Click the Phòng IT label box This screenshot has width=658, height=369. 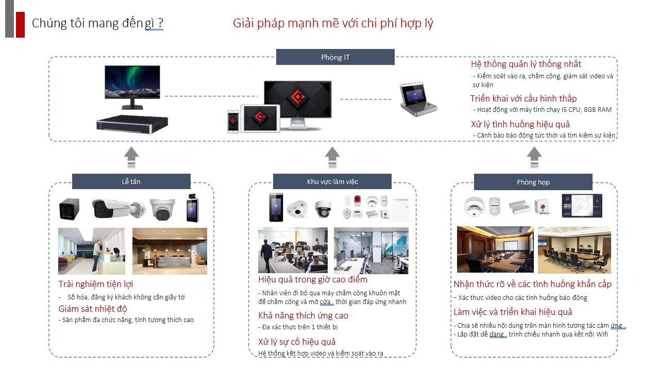click(335, 57)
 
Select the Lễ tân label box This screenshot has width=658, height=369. click(131, 181)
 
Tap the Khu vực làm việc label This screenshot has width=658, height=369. click(332, 181)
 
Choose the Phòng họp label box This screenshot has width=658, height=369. click(533, 182)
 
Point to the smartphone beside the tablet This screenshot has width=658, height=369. click(233, 122)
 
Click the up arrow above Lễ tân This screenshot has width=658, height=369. click(131, 157)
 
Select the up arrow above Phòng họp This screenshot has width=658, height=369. click(534, 157)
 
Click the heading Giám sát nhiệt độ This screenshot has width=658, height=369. click(93, 309)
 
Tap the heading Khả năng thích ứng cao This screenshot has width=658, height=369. click(303, 315)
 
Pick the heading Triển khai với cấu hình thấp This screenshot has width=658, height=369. click(524, 98)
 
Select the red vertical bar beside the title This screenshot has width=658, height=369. click(20, 24)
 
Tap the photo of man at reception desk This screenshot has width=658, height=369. click(92, 251)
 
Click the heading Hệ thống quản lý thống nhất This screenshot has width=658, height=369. click(526, 64)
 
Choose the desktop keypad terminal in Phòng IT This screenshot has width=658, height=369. click(419, 100)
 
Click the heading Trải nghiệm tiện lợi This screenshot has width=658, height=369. click(96, 284)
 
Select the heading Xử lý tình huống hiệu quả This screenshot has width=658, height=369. click(520, 124)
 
